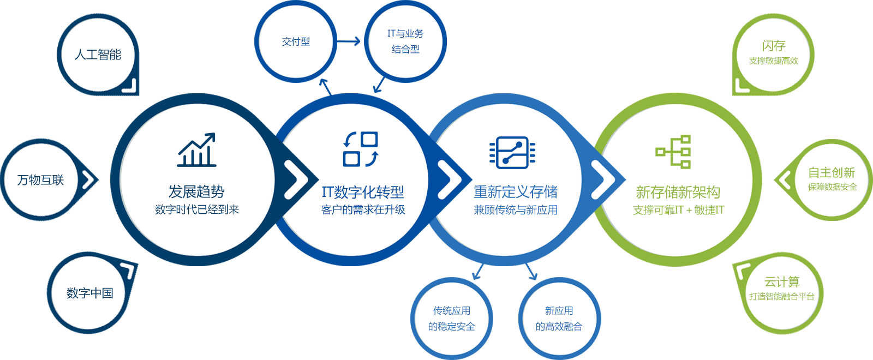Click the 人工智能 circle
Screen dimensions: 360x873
pos(98,55)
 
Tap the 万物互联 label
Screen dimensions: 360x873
pos(40,180)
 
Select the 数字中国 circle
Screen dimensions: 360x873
pos(89,293)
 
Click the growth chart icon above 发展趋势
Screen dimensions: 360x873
pos(197,149)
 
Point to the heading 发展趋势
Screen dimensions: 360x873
pos(196,191)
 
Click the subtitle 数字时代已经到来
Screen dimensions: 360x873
pos(197,209)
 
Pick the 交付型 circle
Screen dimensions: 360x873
pos(296,41)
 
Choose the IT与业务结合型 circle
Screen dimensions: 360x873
pos(405,41)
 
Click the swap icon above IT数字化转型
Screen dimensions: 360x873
pos(361,149)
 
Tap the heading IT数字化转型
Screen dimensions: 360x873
pos(363,192)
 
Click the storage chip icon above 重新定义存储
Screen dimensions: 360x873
pos(512,153)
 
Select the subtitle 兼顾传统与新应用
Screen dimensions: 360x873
pos(516,210)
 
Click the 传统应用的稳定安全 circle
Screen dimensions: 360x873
pos(451,319)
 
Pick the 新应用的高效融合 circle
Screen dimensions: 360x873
pos(559,319)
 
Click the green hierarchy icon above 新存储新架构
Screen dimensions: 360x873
pos(674,152)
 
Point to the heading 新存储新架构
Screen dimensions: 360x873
pos(678,192)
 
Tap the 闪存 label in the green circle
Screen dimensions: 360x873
pos(774,46)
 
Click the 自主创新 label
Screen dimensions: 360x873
pos(832,173)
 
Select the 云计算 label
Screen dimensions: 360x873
pos(782,282)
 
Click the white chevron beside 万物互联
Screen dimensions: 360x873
pos(88,179)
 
